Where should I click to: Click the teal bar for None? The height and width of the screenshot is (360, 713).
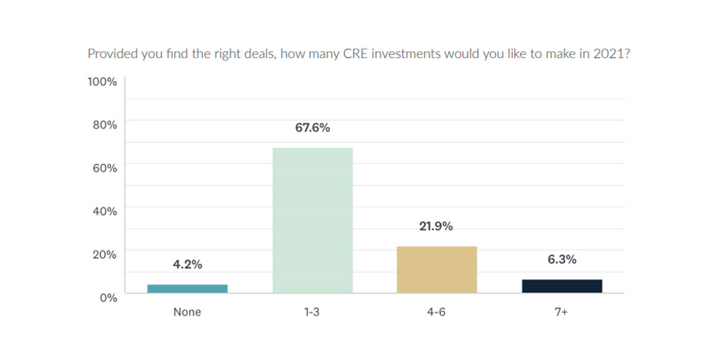(x=187, y=289)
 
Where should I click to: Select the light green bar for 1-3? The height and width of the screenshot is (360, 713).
(x=313, y=220)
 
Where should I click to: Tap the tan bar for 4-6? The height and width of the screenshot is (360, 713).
(x=437, y=269)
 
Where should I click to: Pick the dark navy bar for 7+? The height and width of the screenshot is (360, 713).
(x=562, y=286)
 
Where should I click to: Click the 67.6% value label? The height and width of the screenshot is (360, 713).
(x=313, y=128)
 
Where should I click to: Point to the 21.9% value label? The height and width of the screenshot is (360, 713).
(x=437, y=226)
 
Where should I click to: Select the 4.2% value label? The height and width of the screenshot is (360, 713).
(x=187, y=265)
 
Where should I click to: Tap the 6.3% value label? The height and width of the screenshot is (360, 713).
(x=562, y=259)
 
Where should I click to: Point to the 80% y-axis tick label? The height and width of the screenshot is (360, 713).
(x=104, y=125)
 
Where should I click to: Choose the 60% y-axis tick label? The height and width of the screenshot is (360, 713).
(x=104, y=168)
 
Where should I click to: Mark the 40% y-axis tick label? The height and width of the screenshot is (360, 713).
(x=104, y=211)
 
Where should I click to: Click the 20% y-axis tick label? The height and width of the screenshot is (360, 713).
(x=104, y=255)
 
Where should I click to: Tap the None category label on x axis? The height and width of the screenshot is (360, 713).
(x=187, y=312)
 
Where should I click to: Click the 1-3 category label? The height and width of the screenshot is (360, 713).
(x=313, y=312)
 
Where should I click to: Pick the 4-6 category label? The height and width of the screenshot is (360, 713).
(x=437, y=312)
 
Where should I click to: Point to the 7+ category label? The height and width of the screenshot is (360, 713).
(x=562, y=312)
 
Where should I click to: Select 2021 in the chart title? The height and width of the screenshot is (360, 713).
(x=609, y=54)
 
